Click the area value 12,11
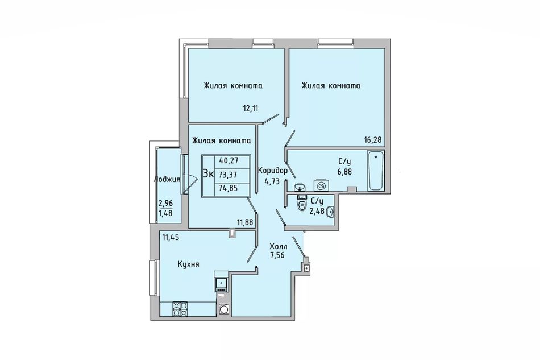click(x=251, y=109)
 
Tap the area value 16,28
click(x=373, y=139)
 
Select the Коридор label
click(x=273, y=170)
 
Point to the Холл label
click(x=279, y=246)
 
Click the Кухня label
click(x=188, y=264)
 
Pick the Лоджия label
click(x=167, y=179)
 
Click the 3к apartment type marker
click(x=208, y=173)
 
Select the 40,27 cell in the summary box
click(x=229, y=160)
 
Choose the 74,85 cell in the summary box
click(x=229, y=188)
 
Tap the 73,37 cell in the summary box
click(x=228, y=175)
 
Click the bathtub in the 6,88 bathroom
click(x=376, y=171)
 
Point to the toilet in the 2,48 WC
click(x=302, y=203)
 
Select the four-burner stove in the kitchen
click(x=180, y=309)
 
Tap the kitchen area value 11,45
click(x=171, y=237)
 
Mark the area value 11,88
click(x=245, y=222)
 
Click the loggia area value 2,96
click(x=165, y=203)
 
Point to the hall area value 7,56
click(x=277, y=255)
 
